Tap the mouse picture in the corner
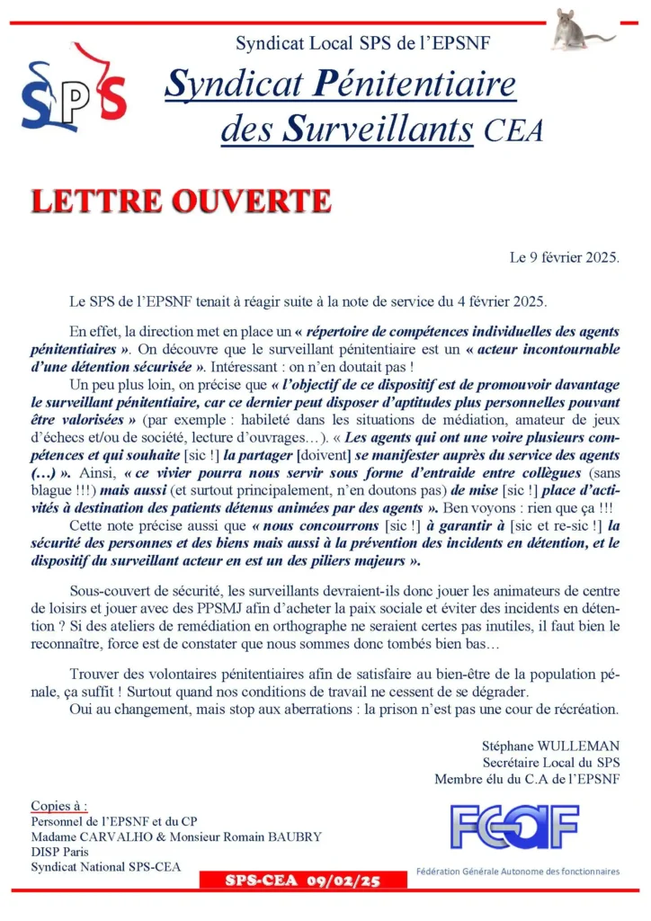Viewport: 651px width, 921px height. click(579, 29)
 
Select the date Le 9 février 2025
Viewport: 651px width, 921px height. click(565, 257)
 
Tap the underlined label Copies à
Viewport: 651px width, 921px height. click(59, 805)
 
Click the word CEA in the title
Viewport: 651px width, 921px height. click(513, 131)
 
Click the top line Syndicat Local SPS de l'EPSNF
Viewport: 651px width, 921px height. click(362, 42)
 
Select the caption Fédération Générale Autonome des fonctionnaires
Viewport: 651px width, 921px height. click(517, 871)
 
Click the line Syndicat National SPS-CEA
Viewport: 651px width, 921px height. click(105, 867)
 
